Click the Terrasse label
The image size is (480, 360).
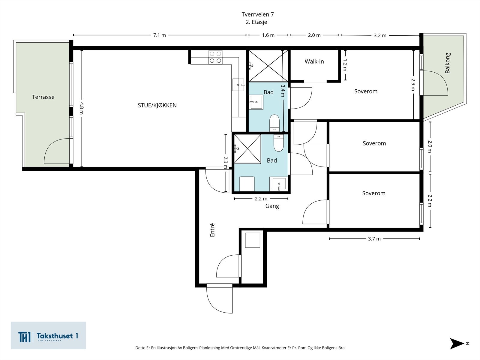pos(43,97)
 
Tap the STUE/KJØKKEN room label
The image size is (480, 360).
pos(157,105)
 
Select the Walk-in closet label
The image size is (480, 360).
pos(314,61)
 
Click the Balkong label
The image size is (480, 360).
pos(448,63)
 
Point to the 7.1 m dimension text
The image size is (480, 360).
pos(159,35)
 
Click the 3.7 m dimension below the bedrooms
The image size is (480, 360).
pos(374,239)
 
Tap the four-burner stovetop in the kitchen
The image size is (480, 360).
pos(215,57)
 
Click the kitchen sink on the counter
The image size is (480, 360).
pos(239,85)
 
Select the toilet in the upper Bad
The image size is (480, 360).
pos(274,123)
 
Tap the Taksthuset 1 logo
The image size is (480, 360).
pos(48,336)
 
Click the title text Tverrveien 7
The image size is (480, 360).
pos(257,14)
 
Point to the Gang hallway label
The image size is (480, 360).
pos(272,206)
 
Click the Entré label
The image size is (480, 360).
pos(212,230)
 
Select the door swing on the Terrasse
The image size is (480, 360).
pos(57,151)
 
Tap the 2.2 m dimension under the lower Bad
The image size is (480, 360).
pos(261,199)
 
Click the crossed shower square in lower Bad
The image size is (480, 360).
pos(247,149)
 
